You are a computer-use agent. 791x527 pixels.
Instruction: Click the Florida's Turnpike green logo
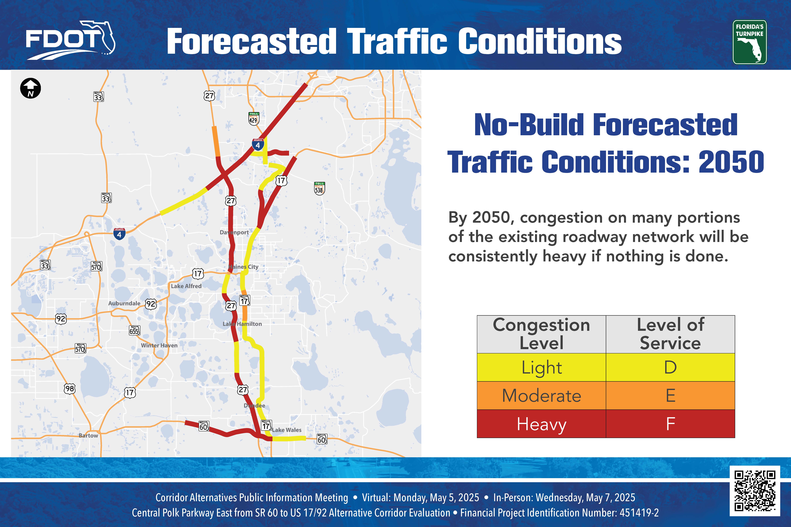750,42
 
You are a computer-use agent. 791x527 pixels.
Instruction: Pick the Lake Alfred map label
186,286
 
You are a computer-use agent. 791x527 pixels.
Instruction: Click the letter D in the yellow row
670,367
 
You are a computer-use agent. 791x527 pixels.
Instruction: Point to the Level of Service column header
670,334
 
